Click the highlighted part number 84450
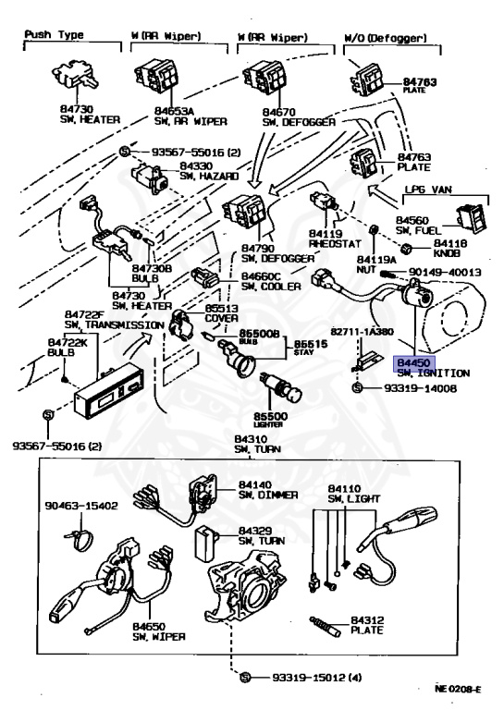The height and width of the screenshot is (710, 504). (412, 364)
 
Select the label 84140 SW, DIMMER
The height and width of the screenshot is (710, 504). (267, 489)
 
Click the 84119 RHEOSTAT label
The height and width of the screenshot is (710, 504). (330, 239)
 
